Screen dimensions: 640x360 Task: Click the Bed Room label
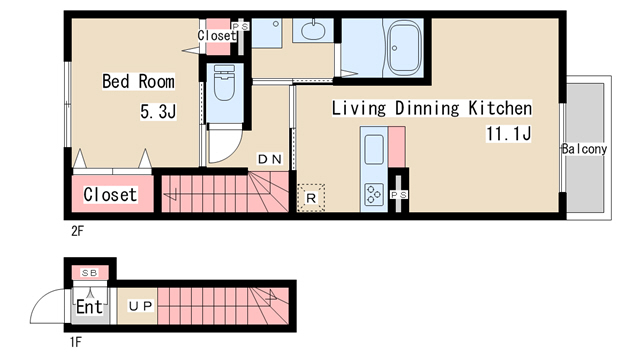138,81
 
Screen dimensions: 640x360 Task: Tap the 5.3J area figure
158,111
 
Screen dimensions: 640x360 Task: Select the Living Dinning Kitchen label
432,108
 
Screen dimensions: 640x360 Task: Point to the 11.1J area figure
509,133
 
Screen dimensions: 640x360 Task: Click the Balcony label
584,149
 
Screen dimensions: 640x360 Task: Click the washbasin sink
313,30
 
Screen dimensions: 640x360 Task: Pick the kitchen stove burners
374,194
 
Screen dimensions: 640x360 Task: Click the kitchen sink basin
373,149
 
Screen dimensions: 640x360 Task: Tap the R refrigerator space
311,198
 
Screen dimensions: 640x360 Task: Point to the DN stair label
270,159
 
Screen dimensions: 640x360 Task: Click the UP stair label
141,306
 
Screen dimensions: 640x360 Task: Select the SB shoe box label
90,273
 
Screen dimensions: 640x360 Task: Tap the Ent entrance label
89,307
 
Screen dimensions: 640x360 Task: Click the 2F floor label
77,231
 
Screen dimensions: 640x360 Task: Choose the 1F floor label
76,342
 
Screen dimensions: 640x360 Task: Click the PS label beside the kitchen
399,195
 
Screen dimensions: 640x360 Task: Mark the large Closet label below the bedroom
110,194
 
